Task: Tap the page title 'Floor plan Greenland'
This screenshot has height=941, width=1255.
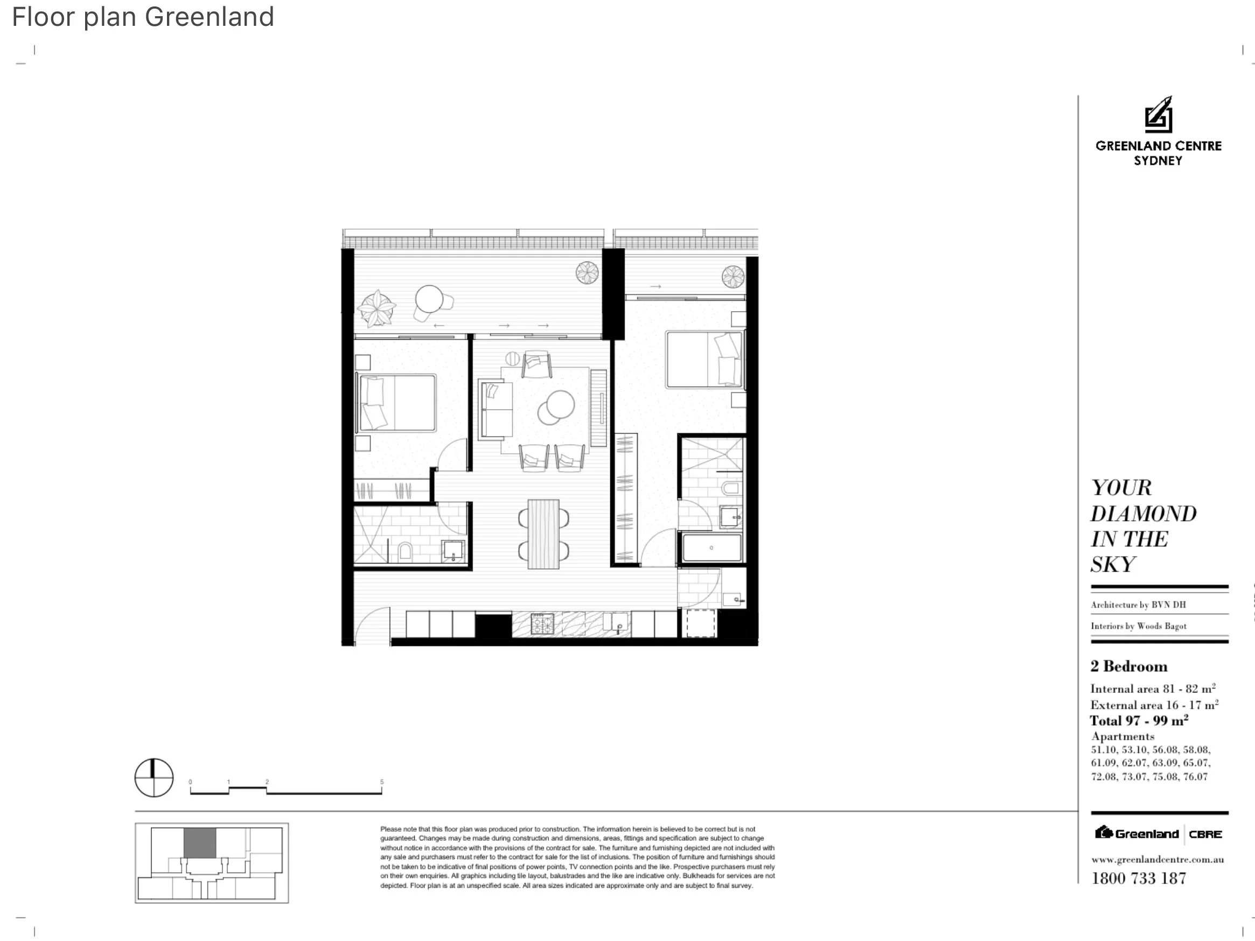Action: pyautogui.click(x=143, y=17)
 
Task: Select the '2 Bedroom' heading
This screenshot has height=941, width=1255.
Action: pyautogui.click(x=1128, y=666)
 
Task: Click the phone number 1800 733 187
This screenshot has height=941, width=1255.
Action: pyautogui.click(x=1139, y=878)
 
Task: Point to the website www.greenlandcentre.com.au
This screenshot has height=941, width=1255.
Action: pyautogui.click(x=1157, y=859)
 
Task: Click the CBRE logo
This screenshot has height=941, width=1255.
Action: pyautogui.click(x=1205, y=834)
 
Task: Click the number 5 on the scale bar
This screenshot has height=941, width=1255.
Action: pyautogui.click(x=382, y=782)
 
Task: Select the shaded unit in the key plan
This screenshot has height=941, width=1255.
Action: pyautogui.click(x=200, y=843)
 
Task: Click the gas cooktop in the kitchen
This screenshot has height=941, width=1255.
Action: pyautogui.click(x=542, y=624)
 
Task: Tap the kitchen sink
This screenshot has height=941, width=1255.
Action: pyautogui.click(x=619, y=623)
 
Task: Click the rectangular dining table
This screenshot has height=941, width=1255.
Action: pyautogui.click(x=543, y=533)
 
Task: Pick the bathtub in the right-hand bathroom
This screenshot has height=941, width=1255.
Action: pyautogui.click(x=712, y=548)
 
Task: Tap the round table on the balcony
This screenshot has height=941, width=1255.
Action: pyautogui.click(x=429, y=298)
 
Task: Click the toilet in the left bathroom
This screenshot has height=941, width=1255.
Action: pyautogui.click(x=405, y=551)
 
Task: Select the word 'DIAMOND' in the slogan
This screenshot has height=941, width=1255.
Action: pyautogui.click(x=1143, y=514)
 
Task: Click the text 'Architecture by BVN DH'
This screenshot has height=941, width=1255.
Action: pyautogui.click(x=1138, y=605)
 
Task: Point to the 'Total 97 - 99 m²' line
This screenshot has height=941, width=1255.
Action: pyautogui.click(x=1139, y=720)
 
